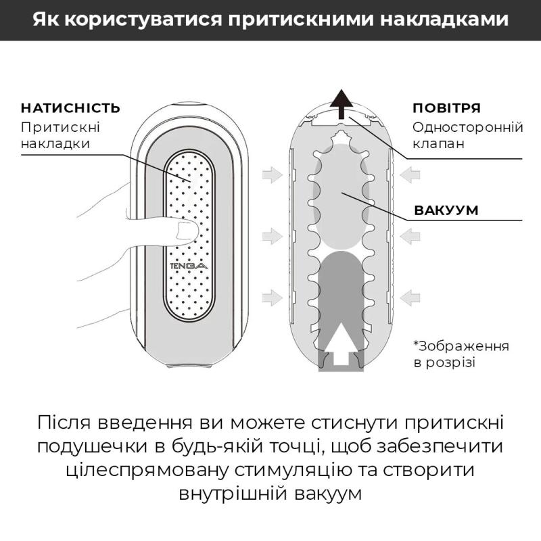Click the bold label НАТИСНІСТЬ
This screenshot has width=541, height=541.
71,108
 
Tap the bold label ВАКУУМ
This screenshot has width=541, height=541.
446,210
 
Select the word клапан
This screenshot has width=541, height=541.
437,144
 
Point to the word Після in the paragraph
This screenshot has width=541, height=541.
66,424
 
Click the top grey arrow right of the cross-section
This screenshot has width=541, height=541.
410,176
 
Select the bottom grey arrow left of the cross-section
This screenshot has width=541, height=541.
272,296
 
